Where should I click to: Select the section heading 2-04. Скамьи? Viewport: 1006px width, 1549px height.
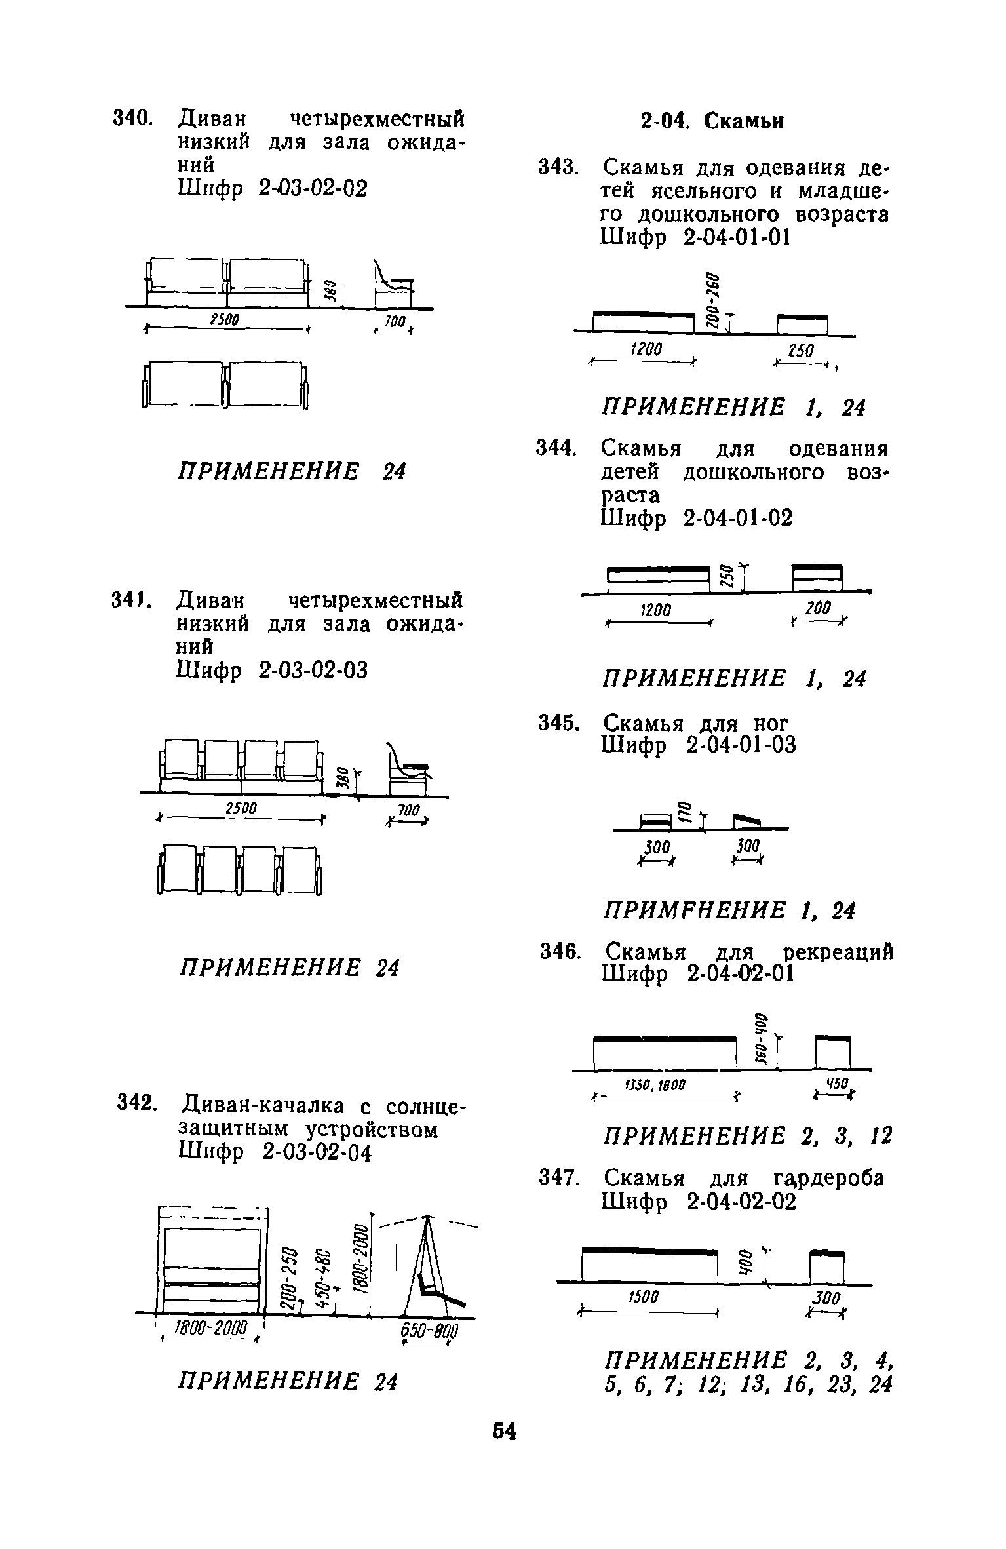point(712,121)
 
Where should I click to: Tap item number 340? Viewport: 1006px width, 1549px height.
point(133,119)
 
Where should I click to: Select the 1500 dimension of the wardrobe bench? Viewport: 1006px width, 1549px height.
point(643,1297)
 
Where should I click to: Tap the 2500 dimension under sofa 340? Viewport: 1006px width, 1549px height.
point(224,319)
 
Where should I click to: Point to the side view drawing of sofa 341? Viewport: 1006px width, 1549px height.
point(406,768)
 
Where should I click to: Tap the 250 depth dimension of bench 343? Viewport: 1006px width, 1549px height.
point(800,352)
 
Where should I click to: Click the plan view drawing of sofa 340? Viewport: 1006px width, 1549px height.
point(224,385)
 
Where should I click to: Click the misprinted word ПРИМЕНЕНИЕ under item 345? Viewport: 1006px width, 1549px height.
point(693,910)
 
